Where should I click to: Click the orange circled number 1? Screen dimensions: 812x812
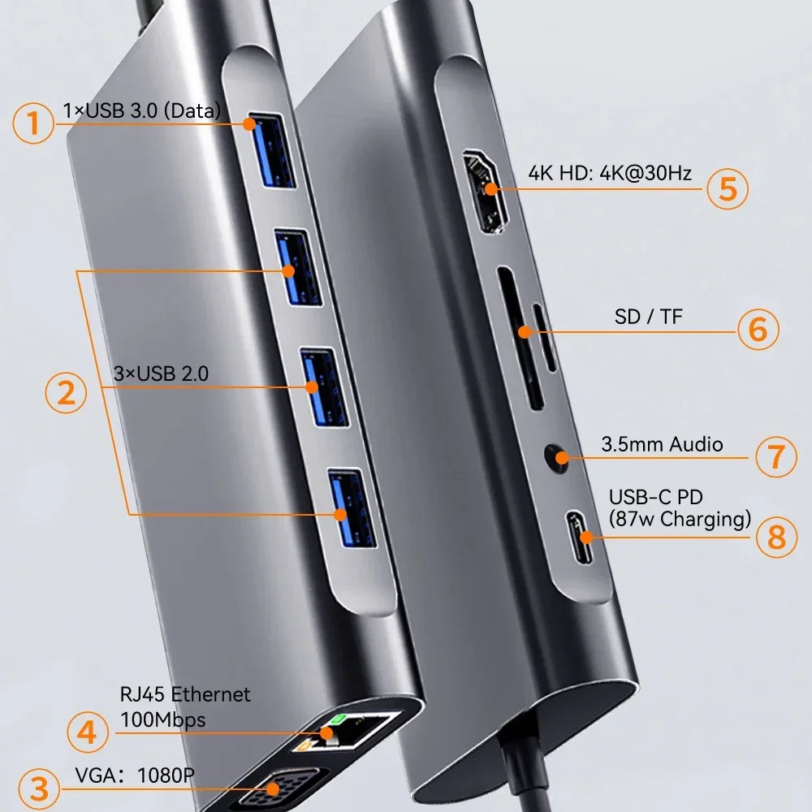pyautogui.click(x=33, y=124)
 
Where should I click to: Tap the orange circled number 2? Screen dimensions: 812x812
pyautogui.click(x=66, y=393)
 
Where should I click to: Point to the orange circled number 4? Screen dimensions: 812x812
pyautogui.click(x=87, y=733)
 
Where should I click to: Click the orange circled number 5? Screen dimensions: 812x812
pyautogui.click(x=727, y=188)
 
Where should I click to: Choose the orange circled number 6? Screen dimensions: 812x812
pyautogui.click(x=758, y=330)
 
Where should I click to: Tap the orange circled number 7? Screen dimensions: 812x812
pyautogui.click(x=776, y=456)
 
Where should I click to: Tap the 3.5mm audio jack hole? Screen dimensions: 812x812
pyautogui.click(x=557, y=456)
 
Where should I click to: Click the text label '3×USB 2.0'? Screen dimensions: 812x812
pyautogui.click(x=161, y=374)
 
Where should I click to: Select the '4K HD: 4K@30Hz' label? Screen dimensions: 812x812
pyautogui.click(x=610, y=173)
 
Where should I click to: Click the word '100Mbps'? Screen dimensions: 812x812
pyautogui.click(x=162, y=719)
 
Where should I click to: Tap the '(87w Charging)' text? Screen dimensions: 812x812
pyautogui.click(x=679, y=519)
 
